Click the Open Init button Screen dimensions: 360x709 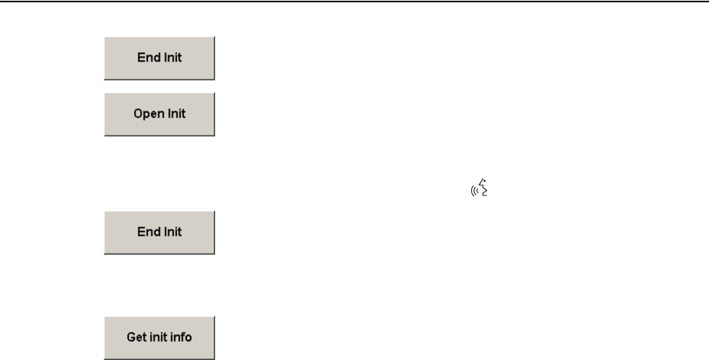(x=159, y=114)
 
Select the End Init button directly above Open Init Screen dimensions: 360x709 (x=159, y=58)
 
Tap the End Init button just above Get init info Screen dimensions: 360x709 (x=159, y=232)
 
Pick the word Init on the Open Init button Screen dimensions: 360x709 (x=175, y=114)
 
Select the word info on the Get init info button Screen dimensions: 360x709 (x=181, y=337)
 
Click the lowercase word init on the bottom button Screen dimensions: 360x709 (x=158, y=337)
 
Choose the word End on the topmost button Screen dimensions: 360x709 (x=147, y=58)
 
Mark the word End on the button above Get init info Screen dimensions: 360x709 (x=147, y=232)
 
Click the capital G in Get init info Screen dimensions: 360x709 (x=130, y=337)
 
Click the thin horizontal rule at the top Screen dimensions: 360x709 (x=354, y=2)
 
